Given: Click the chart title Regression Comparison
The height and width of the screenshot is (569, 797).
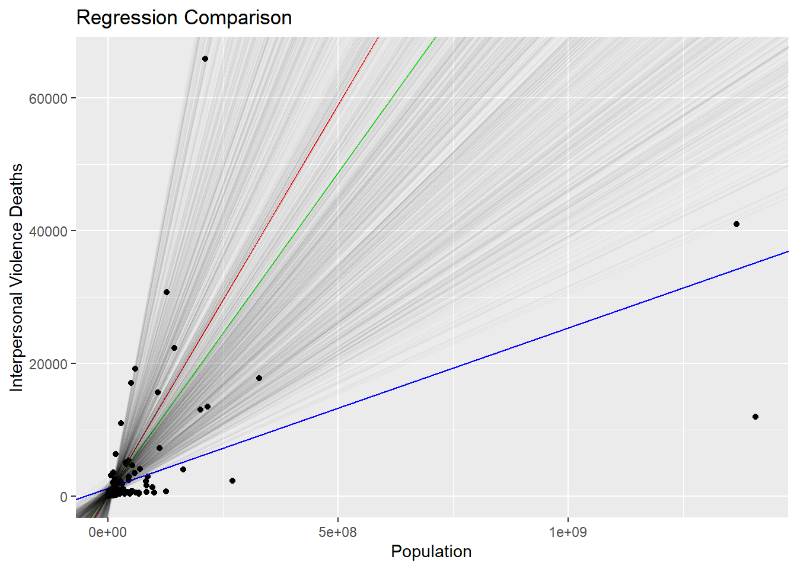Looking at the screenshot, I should pos(184,18).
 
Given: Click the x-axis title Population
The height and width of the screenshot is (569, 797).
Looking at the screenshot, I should pos(431,551).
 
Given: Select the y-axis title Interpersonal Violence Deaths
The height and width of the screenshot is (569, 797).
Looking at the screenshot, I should pos(17,277).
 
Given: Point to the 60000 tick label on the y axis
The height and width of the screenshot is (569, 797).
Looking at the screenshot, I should pos(48,98).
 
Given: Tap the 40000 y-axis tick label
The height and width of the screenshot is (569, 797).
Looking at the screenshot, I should pos(48,231).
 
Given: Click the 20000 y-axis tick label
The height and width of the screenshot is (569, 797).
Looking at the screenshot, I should pos(48,364).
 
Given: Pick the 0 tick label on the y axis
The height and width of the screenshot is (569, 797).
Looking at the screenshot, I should pos(63,497).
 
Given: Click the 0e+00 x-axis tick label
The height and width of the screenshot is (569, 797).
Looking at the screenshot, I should pos(108,532).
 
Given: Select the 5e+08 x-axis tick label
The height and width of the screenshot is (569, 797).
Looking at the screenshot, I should pos(337,532).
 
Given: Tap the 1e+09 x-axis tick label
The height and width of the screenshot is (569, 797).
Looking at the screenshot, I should pos(568,532).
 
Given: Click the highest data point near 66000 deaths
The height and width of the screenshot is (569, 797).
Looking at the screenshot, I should pos(205,59).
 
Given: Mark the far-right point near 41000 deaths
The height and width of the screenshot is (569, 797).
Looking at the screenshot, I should pos(737,224).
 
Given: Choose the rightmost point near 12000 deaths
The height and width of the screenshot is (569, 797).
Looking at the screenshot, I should pos(755,417).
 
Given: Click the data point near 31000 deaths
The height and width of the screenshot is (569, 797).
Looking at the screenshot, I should pos(167,292).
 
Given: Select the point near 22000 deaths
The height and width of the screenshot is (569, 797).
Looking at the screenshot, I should pos(174,348).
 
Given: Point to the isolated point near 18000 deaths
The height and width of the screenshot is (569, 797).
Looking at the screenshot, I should pos(259,378).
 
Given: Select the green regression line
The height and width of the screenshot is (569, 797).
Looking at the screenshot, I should pos(356,148).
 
